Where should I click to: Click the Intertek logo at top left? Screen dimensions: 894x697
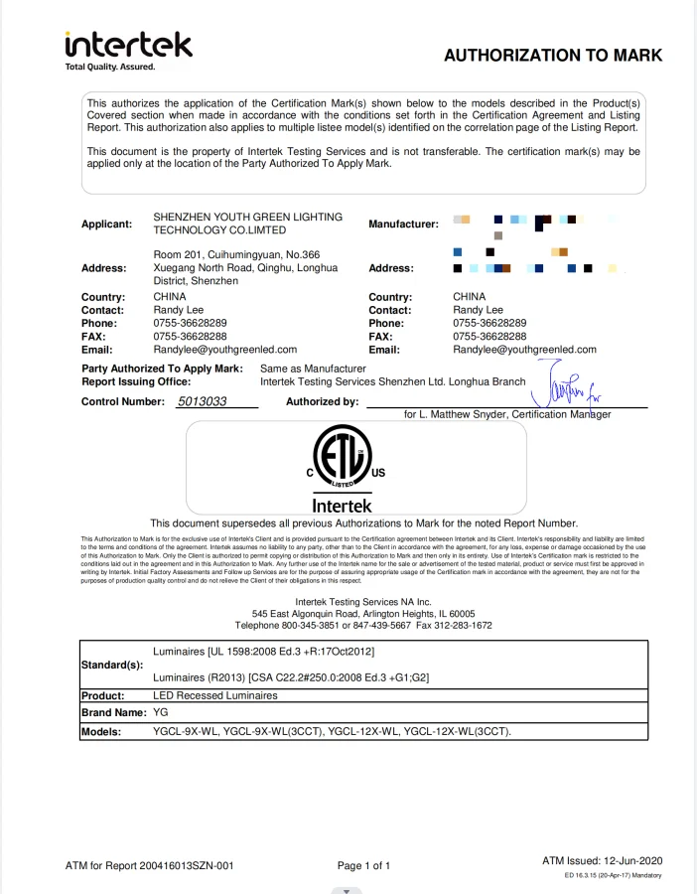[x=128, y=50]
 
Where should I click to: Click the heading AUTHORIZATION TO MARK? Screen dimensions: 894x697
[x=552, y=56]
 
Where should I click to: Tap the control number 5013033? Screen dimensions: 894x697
[x=203, y=401]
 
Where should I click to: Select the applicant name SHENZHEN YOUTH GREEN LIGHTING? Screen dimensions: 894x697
[x=248, y=217]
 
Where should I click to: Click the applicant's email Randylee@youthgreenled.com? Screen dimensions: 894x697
[x=225, y=350]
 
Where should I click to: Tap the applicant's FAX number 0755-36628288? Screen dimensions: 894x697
[x=190, y=337]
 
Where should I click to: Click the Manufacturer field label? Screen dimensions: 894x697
[x=403, y=224]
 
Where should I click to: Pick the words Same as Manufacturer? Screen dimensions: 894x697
[x=313, y=369]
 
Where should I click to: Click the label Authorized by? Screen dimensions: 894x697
[x=322, y=401]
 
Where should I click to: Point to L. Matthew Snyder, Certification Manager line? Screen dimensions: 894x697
[x=507, y=414]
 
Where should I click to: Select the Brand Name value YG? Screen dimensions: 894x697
[x=162, y=714]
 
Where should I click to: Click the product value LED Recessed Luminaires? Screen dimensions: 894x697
[x=215, y=696]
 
